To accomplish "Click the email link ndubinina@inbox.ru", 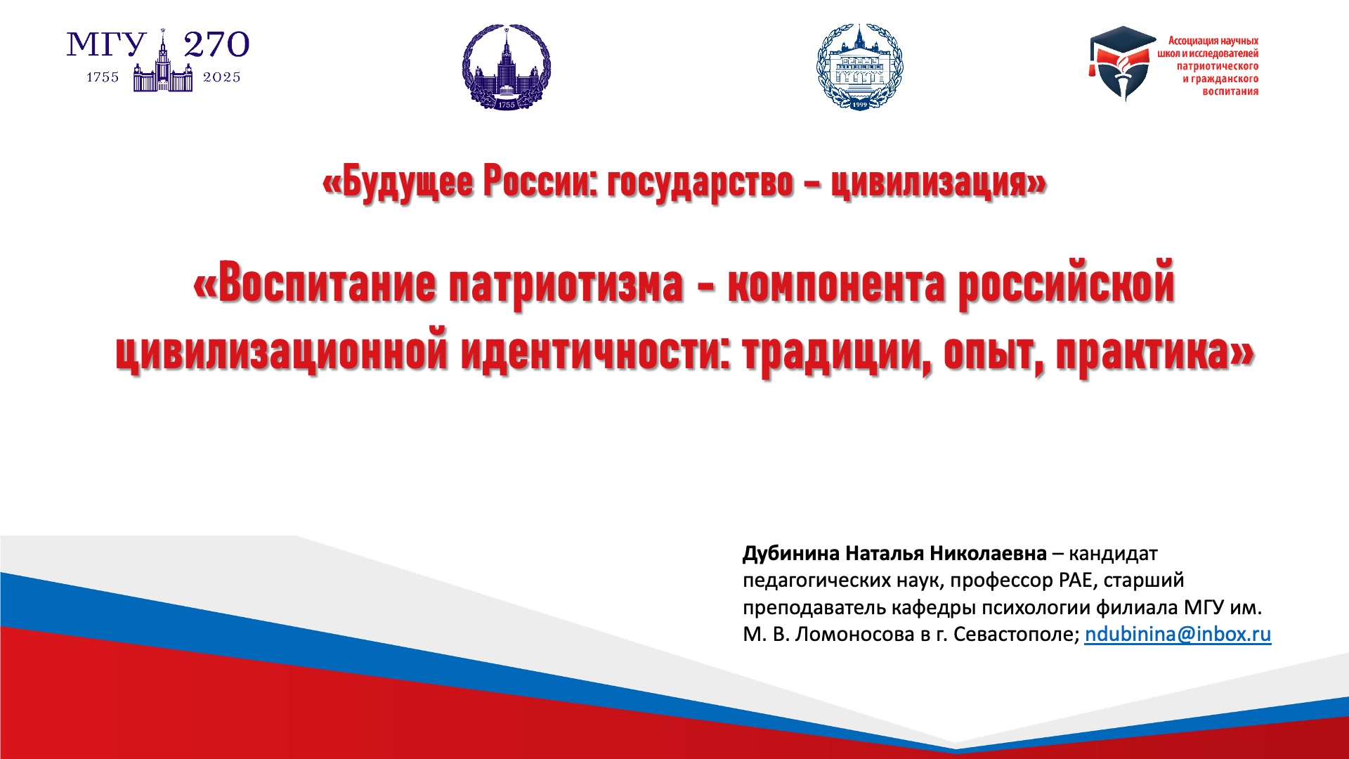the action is [1178, 634].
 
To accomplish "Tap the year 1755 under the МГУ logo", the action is [103, 77].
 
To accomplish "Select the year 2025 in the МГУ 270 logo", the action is [222, 77].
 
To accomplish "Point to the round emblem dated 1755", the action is [507, 67].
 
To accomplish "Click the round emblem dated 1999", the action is [860, 67].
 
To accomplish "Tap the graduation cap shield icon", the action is [1121, 63].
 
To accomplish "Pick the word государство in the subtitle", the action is [700, 183].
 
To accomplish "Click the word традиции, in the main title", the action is [838, 351].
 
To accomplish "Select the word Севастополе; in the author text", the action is [1016, 634].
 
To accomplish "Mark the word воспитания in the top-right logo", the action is [1230, 91].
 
